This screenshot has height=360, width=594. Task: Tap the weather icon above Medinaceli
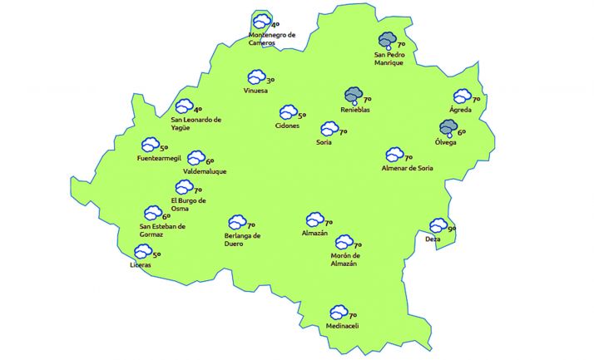click(x=339, y=312)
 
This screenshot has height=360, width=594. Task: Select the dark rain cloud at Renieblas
click(x=354, y=96)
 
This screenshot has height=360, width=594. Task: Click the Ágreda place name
click(x=461, y=110)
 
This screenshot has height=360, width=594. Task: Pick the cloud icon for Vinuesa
click(x=256, y=76)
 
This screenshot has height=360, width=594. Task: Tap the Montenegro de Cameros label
click(x=272, y=39)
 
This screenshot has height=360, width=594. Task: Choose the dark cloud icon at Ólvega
click(x=448, y=128)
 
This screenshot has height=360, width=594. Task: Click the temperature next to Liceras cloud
click(x=156, y=255)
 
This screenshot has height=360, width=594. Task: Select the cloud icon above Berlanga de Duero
click(x=237, y=222)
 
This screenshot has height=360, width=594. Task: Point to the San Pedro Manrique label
click(x=389, y=58)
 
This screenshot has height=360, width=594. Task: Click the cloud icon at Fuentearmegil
click(x=150, y=145)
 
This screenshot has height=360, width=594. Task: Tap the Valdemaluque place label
click(x=205, y=171)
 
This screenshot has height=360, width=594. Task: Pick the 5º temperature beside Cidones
click(x=302, y=116)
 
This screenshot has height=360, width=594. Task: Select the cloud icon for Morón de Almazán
click(x=344, y=243)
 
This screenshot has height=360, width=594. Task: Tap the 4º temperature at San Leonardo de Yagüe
click(x=198, y=109)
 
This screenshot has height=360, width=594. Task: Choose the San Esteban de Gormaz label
click(x=162, y=229)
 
